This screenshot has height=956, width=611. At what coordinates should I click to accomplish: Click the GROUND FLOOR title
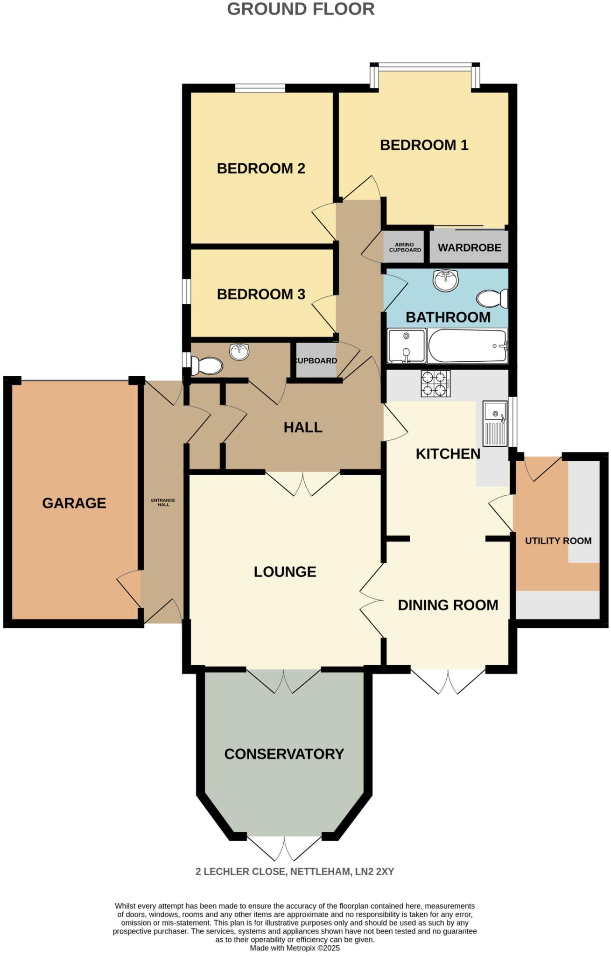301,9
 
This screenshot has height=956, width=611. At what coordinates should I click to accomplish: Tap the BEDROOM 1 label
424,145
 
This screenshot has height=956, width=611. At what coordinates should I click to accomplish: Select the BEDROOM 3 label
261,295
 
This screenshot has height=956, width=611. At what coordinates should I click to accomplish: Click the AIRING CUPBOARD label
405,247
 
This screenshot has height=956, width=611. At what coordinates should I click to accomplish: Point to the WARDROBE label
469,247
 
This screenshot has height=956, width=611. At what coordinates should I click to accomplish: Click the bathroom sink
445,280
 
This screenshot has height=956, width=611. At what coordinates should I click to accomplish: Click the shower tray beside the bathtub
406,346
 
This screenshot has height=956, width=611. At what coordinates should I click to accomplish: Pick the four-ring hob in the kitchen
435,384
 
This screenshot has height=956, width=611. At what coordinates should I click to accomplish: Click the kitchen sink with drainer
495,423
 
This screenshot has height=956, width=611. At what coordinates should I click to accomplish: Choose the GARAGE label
74,503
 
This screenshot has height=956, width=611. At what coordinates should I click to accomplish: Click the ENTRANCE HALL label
163,502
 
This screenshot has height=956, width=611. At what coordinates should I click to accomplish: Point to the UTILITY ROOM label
558,541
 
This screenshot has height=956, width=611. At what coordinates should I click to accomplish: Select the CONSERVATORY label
284,754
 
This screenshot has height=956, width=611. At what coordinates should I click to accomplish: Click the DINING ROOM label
448,605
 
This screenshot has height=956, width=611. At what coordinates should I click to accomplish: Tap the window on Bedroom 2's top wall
260,88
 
